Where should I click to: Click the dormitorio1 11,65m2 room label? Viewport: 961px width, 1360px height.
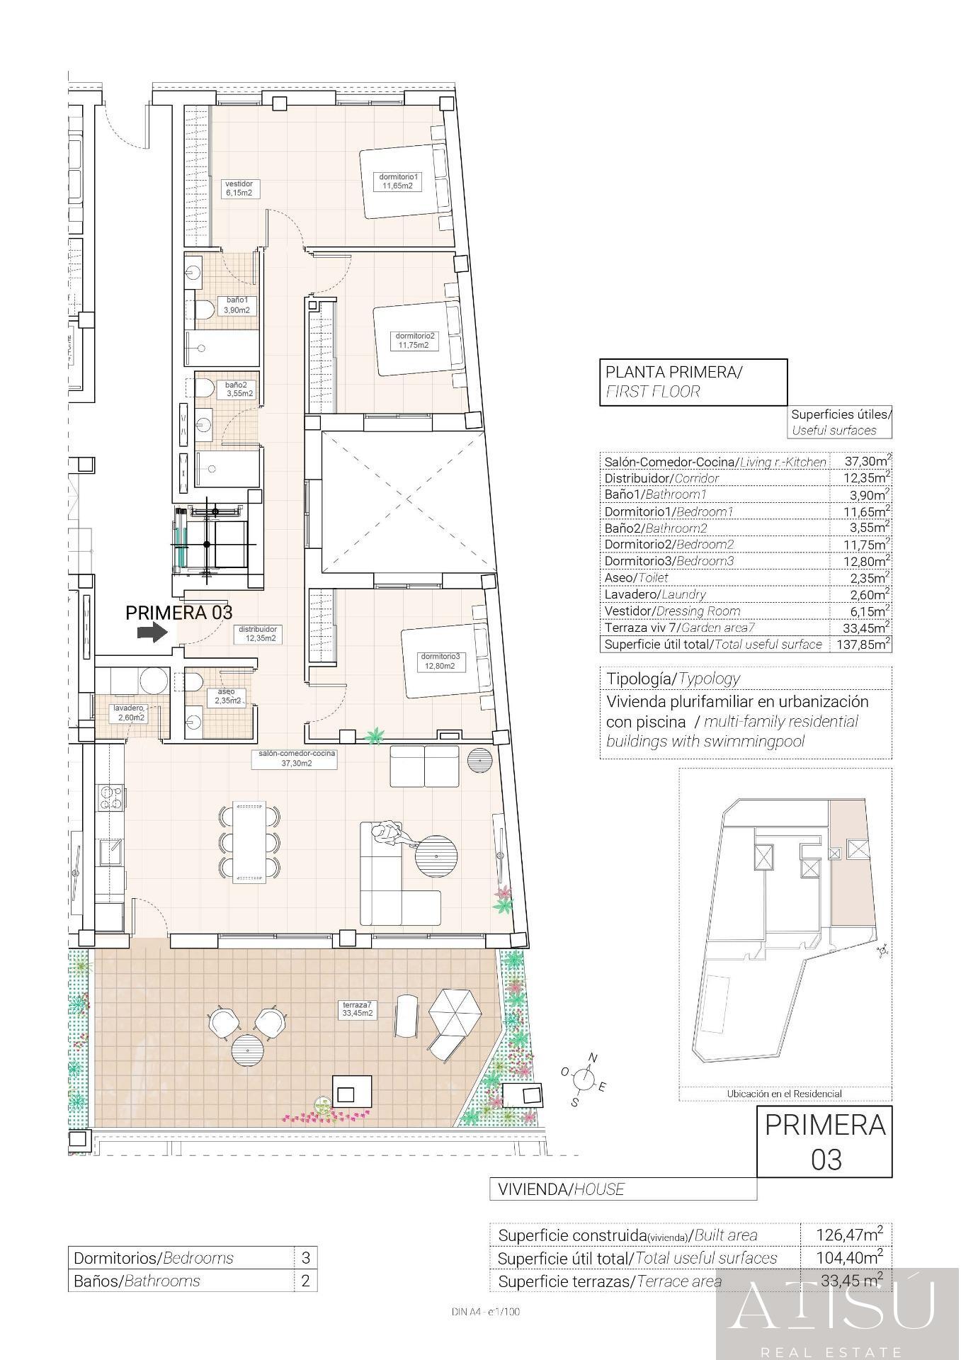coord(399,181)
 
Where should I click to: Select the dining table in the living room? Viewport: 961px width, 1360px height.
coord(251,842)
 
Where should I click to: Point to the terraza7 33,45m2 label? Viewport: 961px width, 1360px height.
coord(358,1009)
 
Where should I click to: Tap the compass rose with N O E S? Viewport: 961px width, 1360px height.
coord(584,1079)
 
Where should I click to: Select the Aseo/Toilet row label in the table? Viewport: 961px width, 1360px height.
coord(636,578)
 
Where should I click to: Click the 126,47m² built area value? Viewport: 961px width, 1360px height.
coord(847,1235)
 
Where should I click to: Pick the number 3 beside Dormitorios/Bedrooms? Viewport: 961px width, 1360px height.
coord(306,1258)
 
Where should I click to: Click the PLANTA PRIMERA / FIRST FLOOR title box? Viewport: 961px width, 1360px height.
coord(693,382)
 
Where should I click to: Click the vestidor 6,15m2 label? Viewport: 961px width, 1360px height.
coord(239,188)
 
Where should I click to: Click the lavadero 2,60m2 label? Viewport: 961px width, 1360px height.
coord(130,713)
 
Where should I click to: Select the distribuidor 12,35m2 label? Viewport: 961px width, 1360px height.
coord(257,633)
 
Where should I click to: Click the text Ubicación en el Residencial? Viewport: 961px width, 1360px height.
coord(784,1094)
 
